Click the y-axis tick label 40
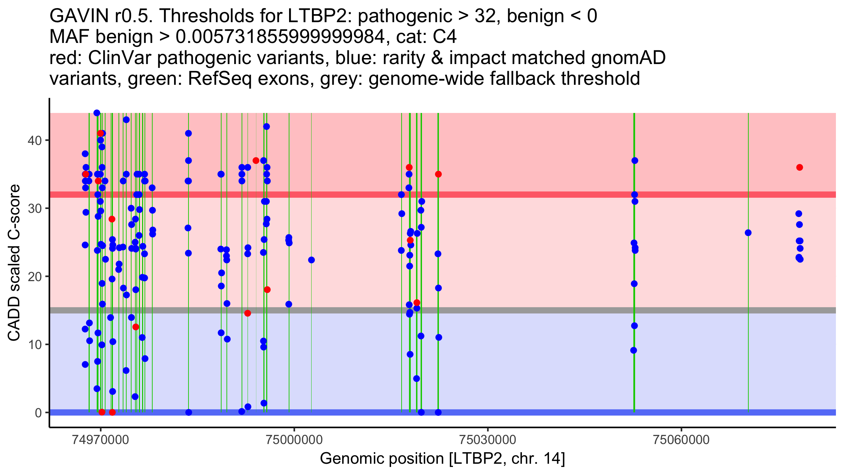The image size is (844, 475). click(34, 140)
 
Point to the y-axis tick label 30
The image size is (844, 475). click(34, 208)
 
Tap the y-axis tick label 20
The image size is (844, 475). click(34, 277)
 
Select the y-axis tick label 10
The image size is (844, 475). click(34, 344)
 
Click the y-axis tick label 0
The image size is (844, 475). click(38, 412)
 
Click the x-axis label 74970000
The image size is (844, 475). click(101, 440)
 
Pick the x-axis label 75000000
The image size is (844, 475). click(294, 440)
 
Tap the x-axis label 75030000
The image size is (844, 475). click(488, 440)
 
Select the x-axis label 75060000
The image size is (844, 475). click(682, 440)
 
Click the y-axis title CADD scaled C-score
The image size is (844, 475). click(14, 263)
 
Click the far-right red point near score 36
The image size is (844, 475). click(800, 167)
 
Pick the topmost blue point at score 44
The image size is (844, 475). click(97, 113)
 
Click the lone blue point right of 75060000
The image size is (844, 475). click(748, 233)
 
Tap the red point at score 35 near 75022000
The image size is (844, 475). click(438, 174)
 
